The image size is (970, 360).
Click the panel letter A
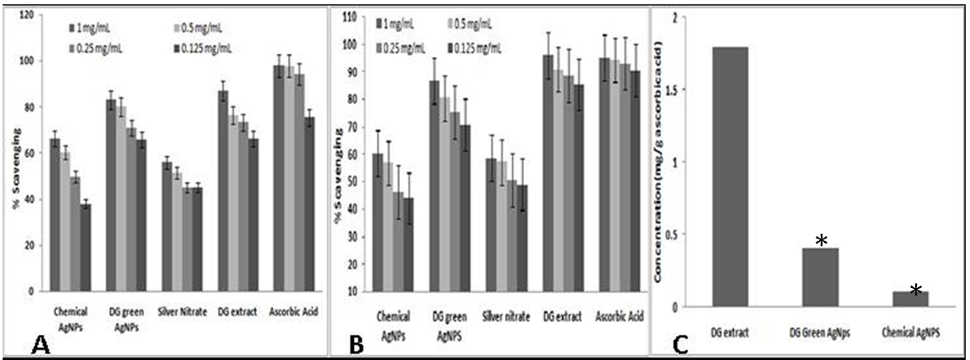(x=39, y=347)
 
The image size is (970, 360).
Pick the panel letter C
(x=683, y=346)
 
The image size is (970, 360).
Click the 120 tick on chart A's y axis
(x=30, y=15)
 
